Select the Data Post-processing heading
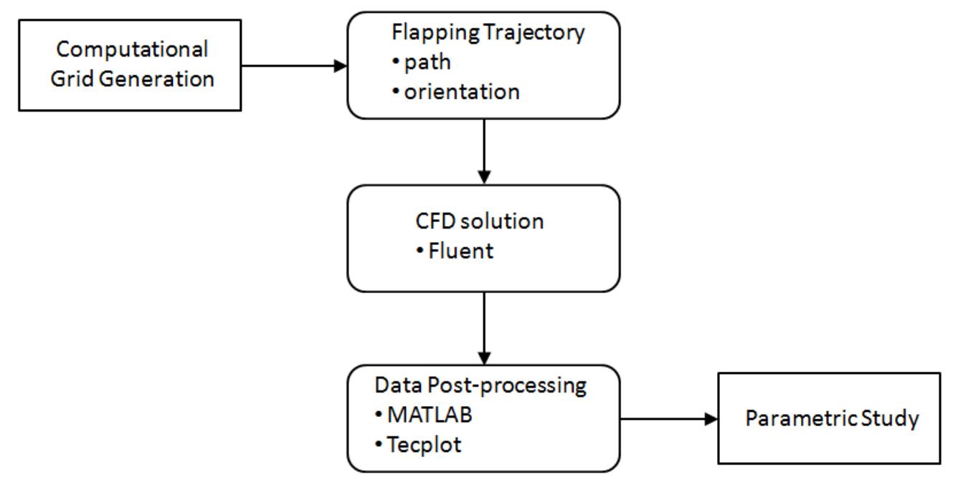coord(480,385)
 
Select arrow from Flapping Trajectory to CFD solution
coord(485,151)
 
